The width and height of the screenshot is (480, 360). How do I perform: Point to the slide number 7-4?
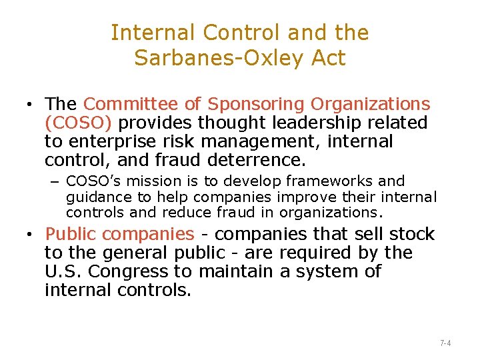(x=445, y=343)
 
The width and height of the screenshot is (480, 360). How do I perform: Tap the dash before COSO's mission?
(x=57, y=181)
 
